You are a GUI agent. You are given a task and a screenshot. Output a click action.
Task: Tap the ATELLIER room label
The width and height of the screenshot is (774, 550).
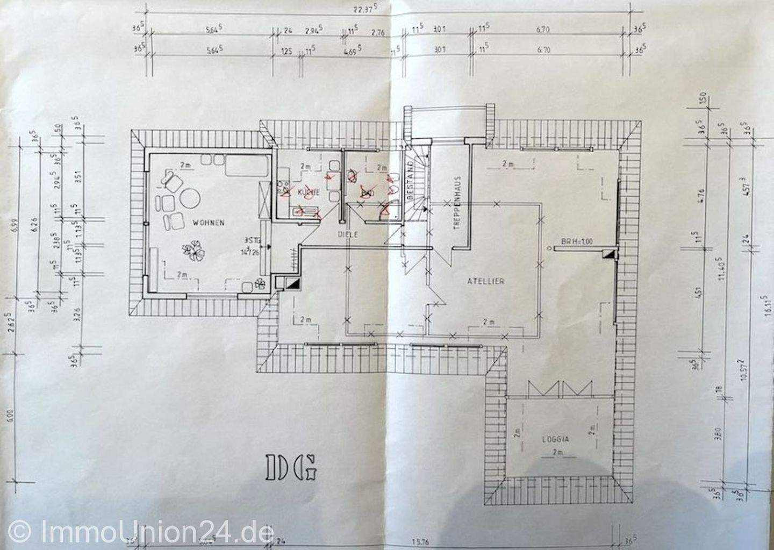click(485, 281)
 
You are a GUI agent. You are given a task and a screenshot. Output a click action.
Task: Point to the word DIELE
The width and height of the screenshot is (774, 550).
click(348, 234)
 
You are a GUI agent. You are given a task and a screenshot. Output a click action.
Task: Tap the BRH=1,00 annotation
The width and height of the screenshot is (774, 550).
click(576, 242)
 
